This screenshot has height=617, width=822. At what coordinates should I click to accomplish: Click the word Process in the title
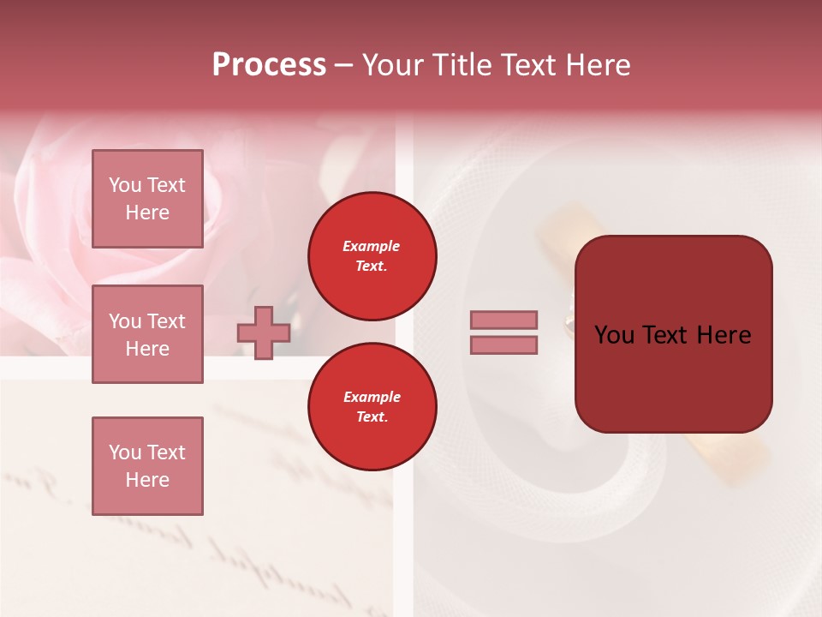pos(269,65)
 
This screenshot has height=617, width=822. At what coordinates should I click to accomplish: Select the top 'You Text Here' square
pos(147,199)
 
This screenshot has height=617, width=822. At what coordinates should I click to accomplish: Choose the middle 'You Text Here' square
pos(147,334)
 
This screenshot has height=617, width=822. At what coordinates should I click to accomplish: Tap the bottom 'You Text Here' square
pos(147,466)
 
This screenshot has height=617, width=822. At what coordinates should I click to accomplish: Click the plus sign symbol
pos(264,332)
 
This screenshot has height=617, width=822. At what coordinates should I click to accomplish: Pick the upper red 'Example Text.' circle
pos(372,256)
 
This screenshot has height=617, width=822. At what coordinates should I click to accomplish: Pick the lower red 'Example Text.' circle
pos(372,407)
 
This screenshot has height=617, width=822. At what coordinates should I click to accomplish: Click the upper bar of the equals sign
pos(503,320)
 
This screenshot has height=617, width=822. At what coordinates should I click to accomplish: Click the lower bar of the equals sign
pos(503,344)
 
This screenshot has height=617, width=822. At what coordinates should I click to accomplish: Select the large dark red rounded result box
pos(673,333)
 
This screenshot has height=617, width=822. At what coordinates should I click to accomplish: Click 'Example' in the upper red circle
pos(372,246)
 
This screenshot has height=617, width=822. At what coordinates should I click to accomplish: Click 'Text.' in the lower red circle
pos(372,417)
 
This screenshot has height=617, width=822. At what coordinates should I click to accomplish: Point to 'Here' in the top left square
pos(147,213)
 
